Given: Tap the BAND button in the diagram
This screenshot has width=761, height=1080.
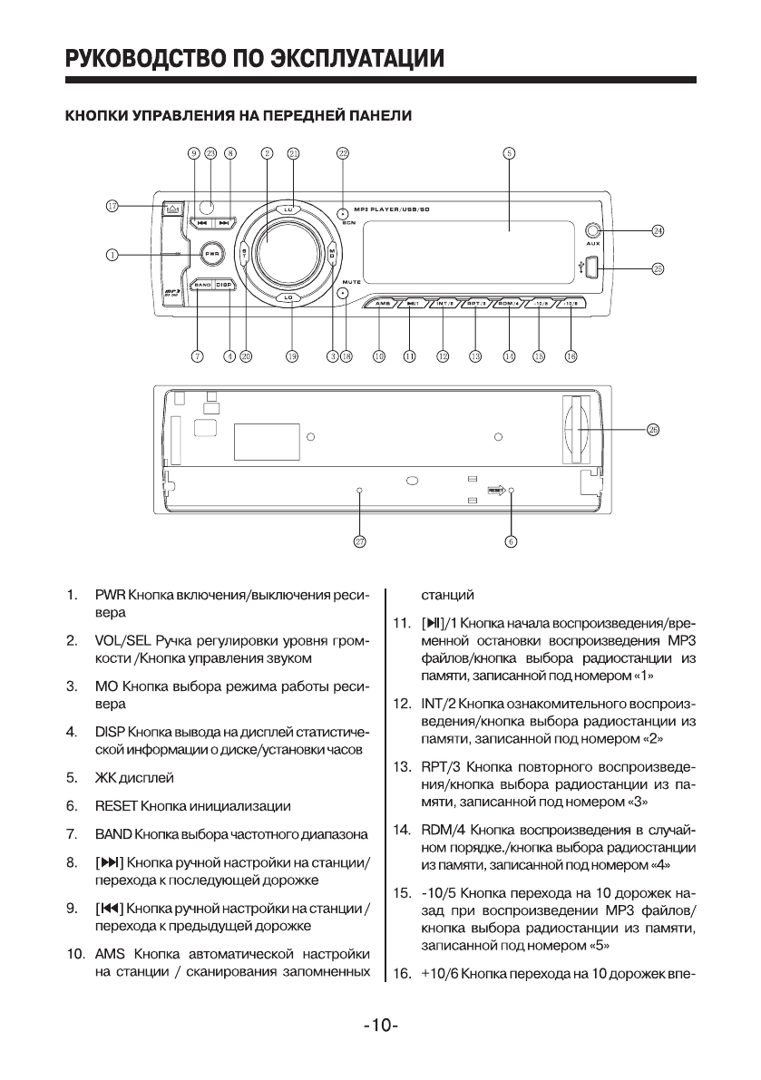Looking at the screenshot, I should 201,285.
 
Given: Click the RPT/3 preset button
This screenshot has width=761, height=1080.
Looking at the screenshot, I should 477,304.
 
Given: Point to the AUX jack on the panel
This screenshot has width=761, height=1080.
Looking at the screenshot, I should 594,231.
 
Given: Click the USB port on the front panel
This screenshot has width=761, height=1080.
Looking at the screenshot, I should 590,268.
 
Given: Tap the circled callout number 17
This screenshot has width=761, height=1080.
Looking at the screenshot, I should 112,207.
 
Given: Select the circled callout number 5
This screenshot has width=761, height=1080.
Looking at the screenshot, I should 509,153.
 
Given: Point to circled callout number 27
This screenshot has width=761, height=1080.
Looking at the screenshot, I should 359,541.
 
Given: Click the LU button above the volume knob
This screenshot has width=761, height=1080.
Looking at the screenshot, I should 288,209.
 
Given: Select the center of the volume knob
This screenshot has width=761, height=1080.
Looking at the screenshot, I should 288,248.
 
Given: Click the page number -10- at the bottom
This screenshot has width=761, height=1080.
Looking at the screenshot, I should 381,1026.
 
